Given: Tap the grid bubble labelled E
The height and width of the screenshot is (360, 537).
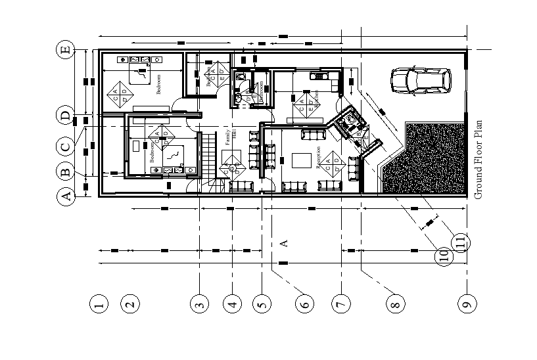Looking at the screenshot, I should pyautogui.click(x=65, y=51).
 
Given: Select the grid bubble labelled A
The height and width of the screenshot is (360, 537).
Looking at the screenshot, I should pyautogui.click(x=65, y=196).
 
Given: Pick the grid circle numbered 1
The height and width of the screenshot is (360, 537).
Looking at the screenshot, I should pyautogui.click(x=99, y=304).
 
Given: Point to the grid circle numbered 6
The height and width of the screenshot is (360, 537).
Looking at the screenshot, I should pyautogui.click(x=303, y=304).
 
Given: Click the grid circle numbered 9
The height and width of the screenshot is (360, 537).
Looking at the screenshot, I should pyautogui.click(x=466, y=304).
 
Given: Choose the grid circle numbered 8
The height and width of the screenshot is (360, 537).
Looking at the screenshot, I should pyautogui.click(x=394, y=304).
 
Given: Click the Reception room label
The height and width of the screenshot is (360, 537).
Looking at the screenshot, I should pyautogui.click(x=319, y=158).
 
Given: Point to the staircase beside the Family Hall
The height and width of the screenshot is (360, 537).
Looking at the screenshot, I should pyautogui.click(x=208, y=158).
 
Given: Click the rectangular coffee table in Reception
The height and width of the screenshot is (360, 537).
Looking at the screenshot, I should pyautogui.click(x=302, y=161).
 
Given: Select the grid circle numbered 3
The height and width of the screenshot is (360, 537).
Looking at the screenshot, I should pyautogui.click(x=199, y=304).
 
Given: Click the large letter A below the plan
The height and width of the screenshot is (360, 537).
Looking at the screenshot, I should pyautogui.click(x=285, y=243).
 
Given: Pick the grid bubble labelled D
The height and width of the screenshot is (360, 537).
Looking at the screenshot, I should pyautogui.click(x=65, y=116).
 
